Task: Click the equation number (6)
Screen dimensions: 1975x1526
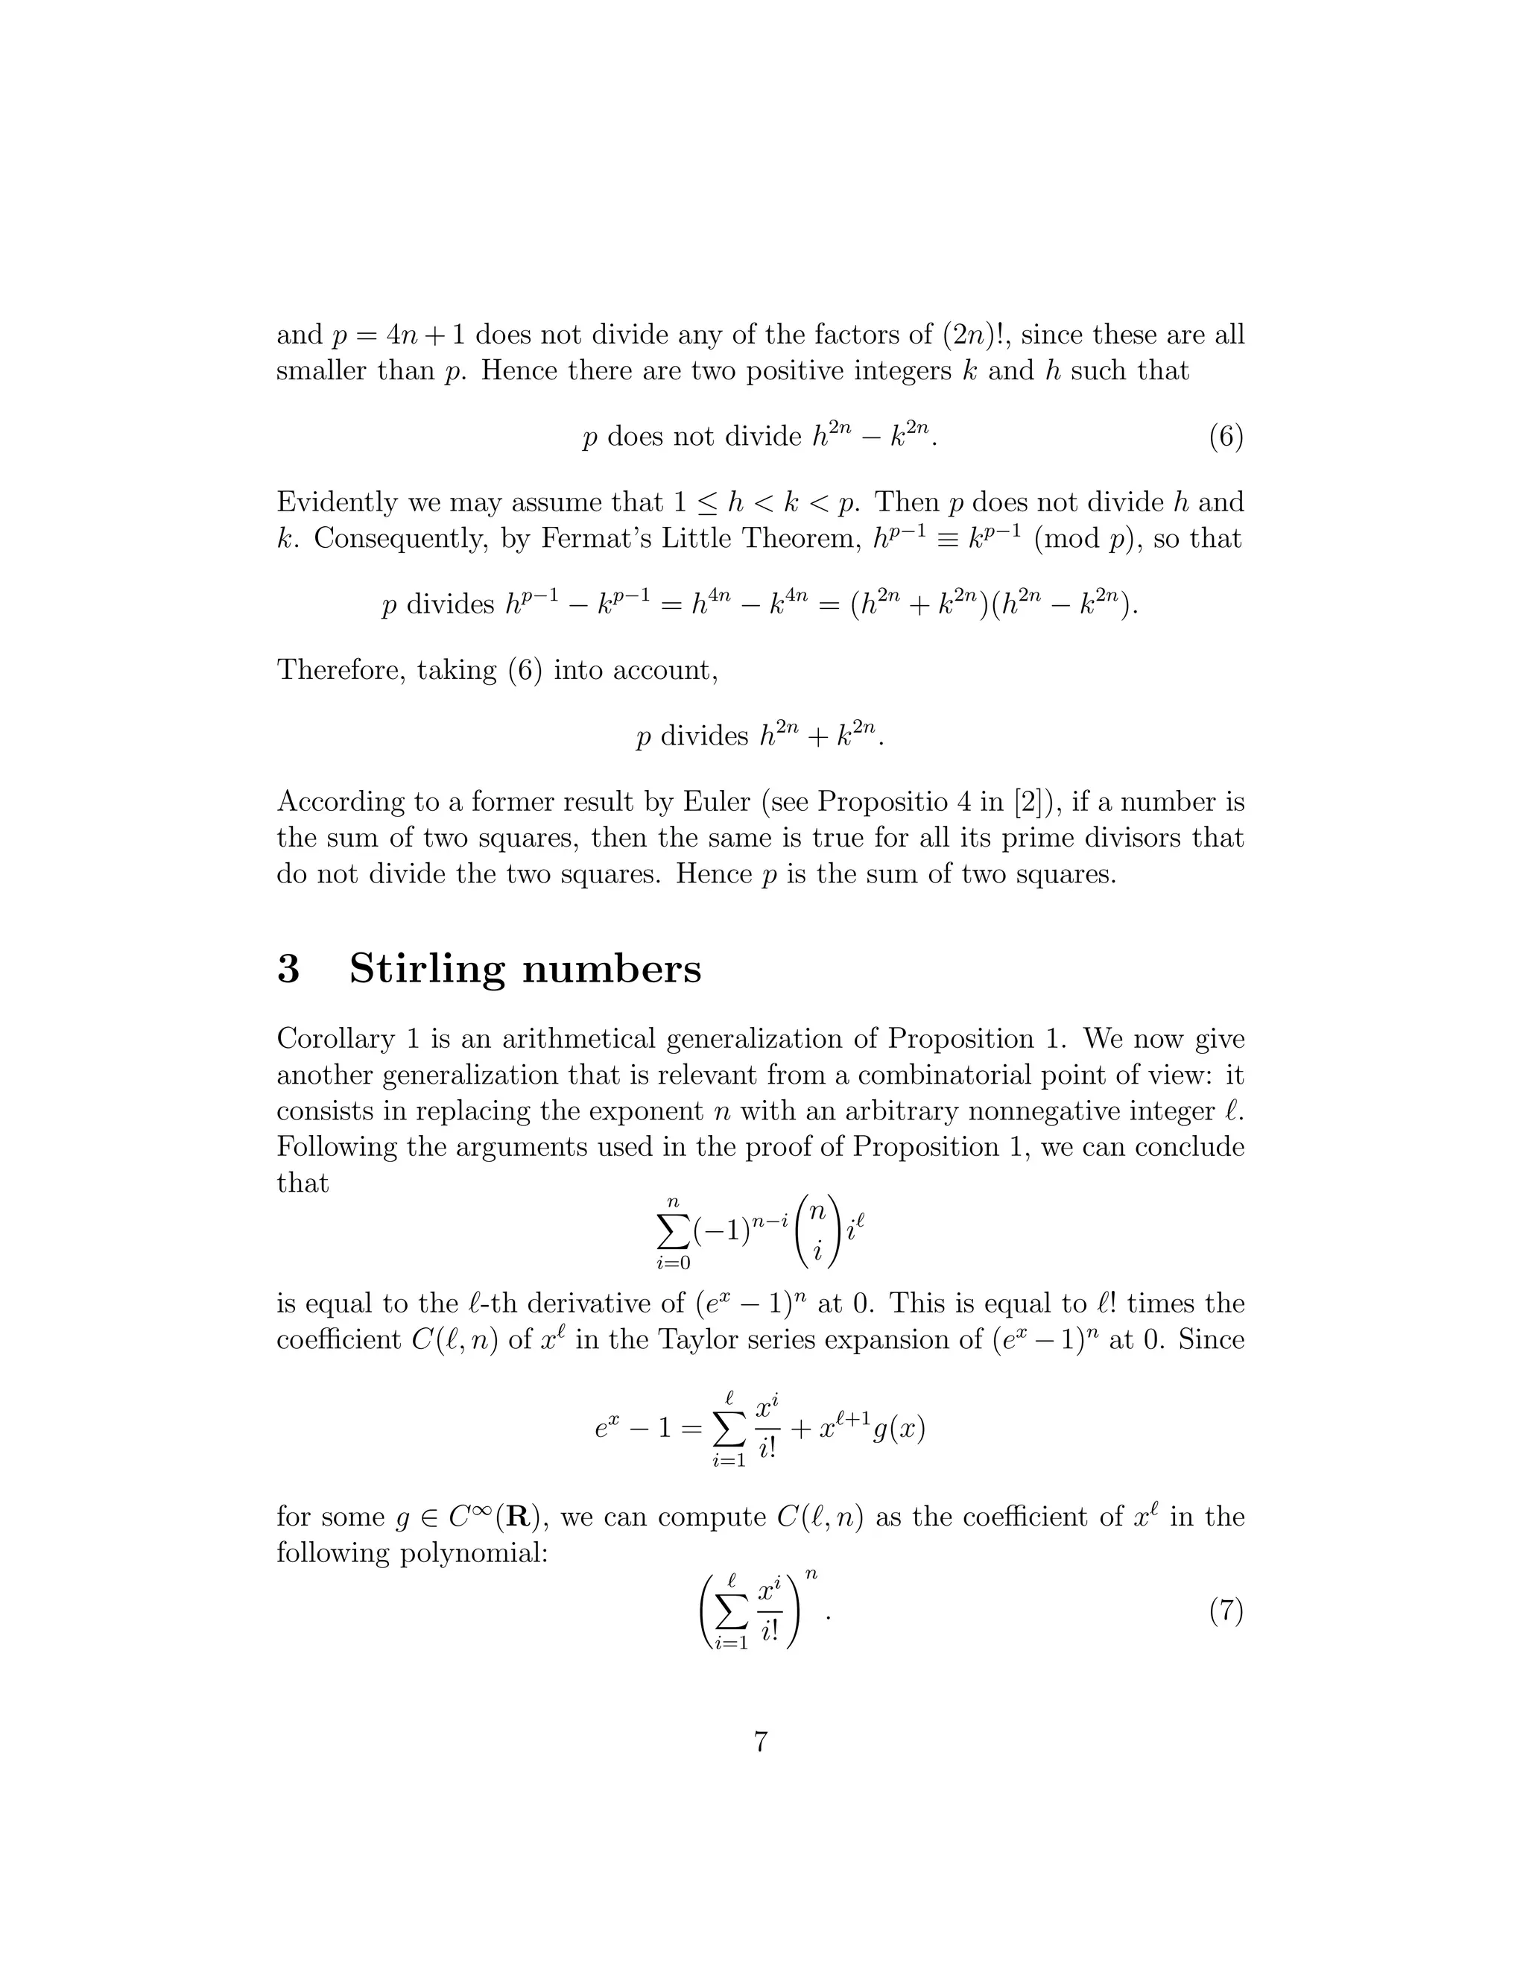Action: [1226, 437]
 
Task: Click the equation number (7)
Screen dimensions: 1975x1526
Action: [1226, 1611]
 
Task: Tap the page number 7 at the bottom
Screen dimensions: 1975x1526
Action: [762, 1741]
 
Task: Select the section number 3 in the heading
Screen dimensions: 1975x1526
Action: [288, 969]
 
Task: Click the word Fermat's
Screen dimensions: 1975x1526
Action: [597, 538]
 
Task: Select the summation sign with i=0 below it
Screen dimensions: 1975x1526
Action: [671, 1230]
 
